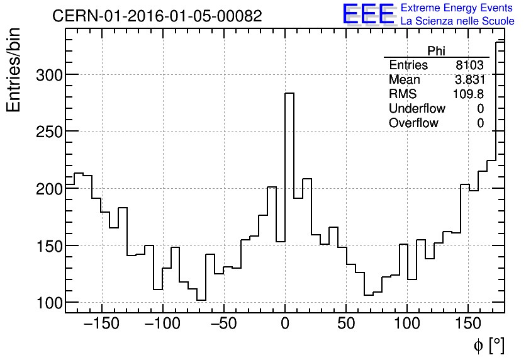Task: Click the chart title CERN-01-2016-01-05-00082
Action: pyautogui.click(x=157, y=16)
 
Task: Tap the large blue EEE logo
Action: pyautogui.click(x=368, y=14)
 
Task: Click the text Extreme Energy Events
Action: pyautogui.click(x=457, y=8)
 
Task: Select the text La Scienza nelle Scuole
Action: pyautogui.click(x=457, y=21)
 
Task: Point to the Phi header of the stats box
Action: pyautogui.click(x=436, y=51)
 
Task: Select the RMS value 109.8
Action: pyautogui.click(x=468, y=94)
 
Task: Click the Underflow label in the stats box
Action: pyautogui.click(x=417, y=109)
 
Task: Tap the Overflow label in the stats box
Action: pyautogui.click(x=413, y=123)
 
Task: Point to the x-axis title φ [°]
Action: pyautogui.click(x=488, y=345)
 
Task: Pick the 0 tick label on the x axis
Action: pyautogui.click(x=285, y=325)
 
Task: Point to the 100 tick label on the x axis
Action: pyautogui.click(x=407, y=325)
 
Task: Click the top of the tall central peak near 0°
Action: pyautogui.click(x=289, y=93)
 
